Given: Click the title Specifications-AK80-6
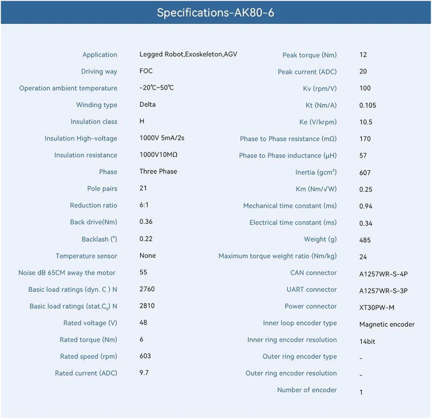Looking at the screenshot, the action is (x=215, y=13).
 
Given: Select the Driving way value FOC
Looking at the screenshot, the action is (x=146, y=71).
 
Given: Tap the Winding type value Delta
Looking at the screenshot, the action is (x=147, y=104).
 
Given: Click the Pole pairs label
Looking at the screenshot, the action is (x=102, y=189).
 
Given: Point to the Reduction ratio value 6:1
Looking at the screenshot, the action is (x=144, y=205).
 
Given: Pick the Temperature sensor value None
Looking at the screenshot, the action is (x=148, y=256).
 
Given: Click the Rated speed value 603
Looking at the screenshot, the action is (x=145, y=356).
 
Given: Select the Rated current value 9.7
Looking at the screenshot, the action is (x=144, y=373).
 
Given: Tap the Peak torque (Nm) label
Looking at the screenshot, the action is (x=310, y=55).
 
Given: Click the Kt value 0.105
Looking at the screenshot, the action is (x=367, y=106).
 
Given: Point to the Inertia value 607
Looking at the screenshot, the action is (x=365, y=173).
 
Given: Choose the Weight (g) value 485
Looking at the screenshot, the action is (x=365, y=240).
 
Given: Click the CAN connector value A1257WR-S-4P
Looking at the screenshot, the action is (x=383, y=274).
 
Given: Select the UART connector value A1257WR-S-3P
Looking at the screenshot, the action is (x=383, y=291).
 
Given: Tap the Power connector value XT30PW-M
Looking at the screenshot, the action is (x=377, y=308).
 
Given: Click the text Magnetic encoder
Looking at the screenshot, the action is (x=387, y=324).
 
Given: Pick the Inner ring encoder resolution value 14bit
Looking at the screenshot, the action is (x=367, y=341).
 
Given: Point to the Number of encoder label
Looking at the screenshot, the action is (x=307, y=390).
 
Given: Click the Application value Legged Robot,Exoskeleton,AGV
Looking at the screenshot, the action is (x=188, y=54).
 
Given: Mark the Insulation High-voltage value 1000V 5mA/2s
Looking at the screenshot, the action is (x=162, y=138).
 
